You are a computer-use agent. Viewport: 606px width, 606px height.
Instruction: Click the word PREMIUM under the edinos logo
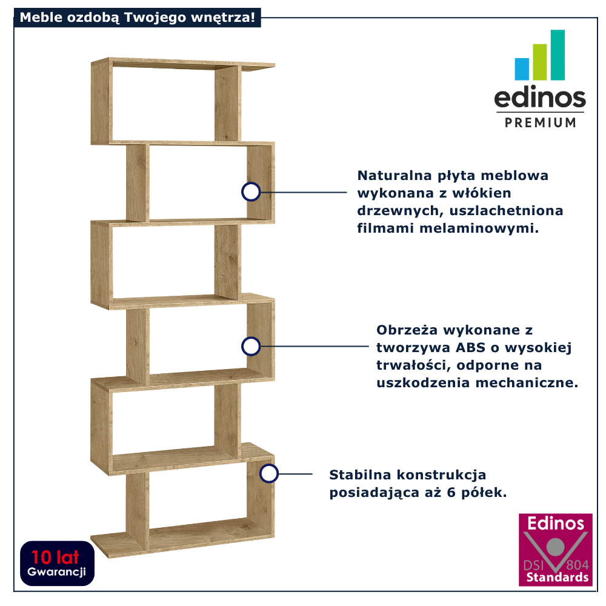pyautogui.click(x=541, y=122)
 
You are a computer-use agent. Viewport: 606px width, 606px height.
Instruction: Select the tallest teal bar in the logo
pyautogui.click(x=558, y=55)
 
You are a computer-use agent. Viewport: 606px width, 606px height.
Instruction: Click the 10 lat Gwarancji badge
pyautogui.click(x=57, y=563)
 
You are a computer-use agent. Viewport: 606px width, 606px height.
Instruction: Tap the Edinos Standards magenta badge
pyautogui.click(x=555, y=550)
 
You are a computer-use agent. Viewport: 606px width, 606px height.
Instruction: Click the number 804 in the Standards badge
pyautogui.click(x=577, y=565)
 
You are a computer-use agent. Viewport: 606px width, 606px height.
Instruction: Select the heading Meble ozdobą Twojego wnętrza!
pyautogui.click(x=137, y=17)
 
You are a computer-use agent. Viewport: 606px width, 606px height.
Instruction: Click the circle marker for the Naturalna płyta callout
pyautogui.click(x=250, y=191)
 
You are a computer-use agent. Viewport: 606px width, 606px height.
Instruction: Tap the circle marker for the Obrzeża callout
pyautogui.click(x=250, y=347)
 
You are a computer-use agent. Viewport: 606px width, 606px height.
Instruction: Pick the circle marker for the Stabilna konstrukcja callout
pyautogui.click(x=268, y=473)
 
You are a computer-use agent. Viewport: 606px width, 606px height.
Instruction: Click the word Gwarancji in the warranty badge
pyautogui.click(x=57, y=571)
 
